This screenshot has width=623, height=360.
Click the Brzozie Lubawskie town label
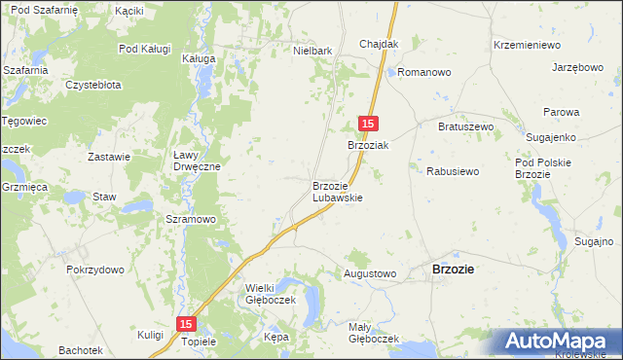(337, 191)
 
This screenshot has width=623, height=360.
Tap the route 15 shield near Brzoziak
(368, 124)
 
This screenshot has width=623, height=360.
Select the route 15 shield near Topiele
(187, 324)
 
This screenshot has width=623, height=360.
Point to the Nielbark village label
(313, 49)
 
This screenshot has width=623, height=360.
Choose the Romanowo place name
(421, 73)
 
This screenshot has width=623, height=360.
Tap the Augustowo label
(370, 274)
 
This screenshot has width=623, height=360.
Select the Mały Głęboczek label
(374, 333)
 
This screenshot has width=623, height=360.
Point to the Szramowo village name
(191, 220)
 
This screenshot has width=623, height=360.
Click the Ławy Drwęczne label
(197, 161)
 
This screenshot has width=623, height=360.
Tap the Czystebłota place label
(93, 85)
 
